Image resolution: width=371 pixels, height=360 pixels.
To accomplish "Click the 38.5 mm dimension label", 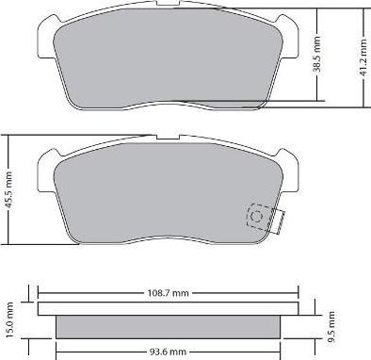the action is tap(317, 55).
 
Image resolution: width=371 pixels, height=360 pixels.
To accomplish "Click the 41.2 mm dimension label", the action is tap(363, 57).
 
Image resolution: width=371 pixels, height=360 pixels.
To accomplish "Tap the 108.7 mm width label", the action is tap(169, 293).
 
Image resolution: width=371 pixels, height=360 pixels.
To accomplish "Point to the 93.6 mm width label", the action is tap(168, 352).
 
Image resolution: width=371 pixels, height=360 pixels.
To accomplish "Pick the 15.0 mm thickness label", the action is tap(9, 320).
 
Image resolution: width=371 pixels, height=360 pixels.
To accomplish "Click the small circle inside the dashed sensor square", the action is tap(257, 217).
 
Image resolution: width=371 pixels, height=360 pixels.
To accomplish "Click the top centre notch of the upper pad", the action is tap(168, 4).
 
